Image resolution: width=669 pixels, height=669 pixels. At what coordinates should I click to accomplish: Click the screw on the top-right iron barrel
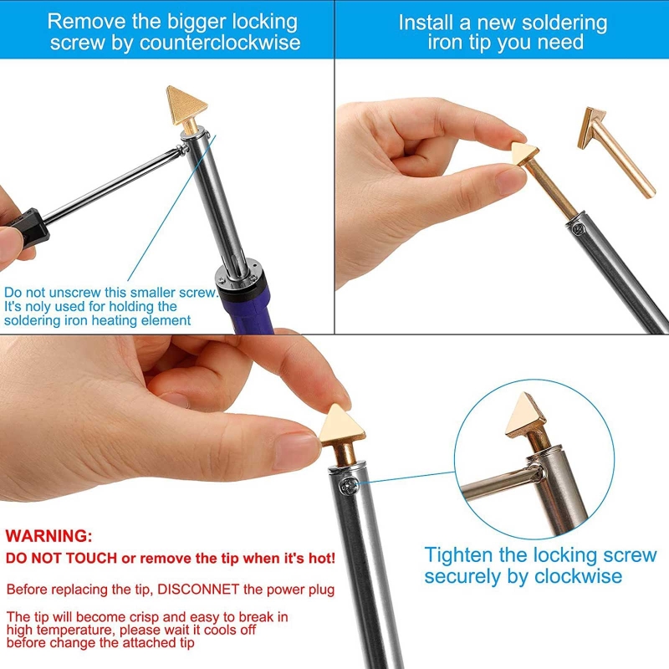point(576,224)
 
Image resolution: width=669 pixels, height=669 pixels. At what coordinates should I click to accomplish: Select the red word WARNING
point(49,535)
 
